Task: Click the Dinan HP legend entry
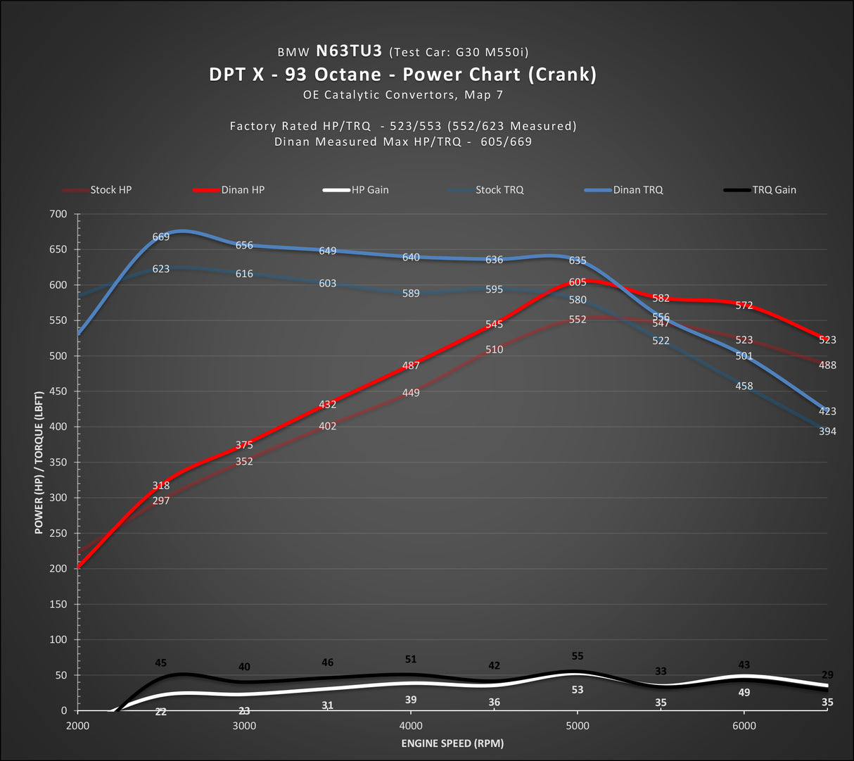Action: (243, 190)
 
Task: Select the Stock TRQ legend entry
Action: (499, 190)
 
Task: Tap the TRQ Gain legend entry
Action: (774, 190)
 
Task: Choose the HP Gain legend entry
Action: (370, 190)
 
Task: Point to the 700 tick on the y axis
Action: (58, 214)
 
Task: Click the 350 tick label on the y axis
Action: (58, 463)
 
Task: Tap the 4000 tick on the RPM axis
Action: (411, 726)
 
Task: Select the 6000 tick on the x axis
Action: (744, 726)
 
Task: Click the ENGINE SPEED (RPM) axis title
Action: (452, 743)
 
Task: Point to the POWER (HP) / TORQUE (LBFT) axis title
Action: (39, 463)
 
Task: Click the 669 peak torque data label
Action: (161, 237)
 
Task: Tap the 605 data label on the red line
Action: (578, 282)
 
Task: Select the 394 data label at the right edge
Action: (827, 431)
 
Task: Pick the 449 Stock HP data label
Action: (411, 393)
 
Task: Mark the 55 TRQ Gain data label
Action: (578, 656)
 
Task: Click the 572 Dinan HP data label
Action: (744, 306)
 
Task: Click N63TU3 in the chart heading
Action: (348, 51)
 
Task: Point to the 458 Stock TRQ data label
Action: (744, 386)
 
